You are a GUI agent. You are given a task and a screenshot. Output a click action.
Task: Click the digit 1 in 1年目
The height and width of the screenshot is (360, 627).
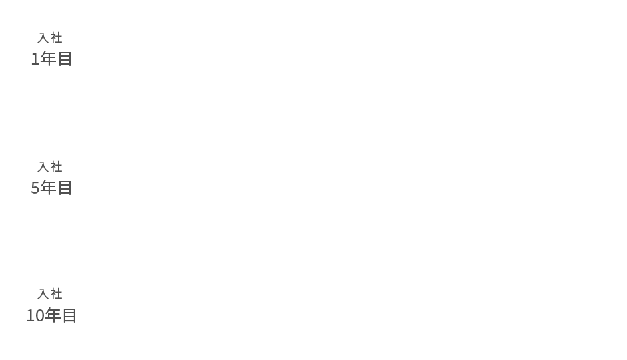pos(35,59)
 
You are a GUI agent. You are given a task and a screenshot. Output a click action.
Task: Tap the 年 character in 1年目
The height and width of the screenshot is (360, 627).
pos(48,59)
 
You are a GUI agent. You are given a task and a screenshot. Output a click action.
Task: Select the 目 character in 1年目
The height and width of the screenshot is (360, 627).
pos(65,59)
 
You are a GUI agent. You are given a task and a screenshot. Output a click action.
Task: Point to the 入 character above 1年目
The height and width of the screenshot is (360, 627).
pos(43,37)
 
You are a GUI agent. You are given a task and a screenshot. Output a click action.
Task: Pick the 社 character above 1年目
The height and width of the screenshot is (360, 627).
pos(56,37)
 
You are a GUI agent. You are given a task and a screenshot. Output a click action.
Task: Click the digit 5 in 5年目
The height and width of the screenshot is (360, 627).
pos(35,188)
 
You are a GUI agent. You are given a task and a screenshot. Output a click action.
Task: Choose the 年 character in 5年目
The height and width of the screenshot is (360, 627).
pos(48,188)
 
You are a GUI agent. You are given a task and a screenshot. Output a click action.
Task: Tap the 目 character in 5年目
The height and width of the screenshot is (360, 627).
pos(65,188)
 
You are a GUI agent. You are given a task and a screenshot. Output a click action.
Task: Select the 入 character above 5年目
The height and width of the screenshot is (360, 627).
pos(43,166)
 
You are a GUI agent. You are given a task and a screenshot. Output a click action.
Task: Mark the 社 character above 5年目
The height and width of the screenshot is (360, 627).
pos(56,166)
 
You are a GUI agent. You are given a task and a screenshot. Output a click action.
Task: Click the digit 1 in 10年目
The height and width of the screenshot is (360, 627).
pos(31,316)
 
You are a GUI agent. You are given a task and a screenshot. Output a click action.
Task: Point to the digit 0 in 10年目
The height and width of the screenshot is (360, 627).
pos(39,316)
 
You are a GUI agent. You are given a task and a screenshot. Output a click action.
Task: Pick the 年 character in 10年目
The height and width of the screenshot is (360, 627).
pos(52,315)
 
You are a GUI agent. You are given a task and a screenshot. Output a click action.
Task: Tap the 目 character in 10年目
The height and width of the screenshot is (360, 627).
pos(69,315)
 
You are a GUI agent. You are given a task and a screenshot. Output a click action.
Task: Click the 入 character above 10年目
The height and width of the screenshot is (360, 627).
pos(43,294)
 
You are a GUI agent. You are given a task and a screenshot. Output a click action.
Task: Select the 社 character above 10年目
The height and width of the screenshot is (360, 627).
pos(56,294)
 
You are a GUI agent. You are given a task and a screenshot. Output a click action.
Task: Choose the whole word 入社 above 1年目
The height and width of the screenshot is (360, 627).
pos(50,37)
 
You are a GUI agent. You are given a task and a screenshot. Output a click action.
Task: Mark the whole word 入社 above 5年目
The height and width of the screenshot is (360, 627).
pos(50,166)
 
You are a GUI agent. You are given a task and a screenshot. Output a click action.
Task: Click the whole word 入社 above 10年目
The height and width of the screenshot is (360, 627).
pos(50,294)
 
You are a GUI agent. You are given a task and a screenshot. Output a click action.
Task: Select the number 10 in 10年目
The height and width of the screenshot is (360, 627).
pos(35,316)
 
